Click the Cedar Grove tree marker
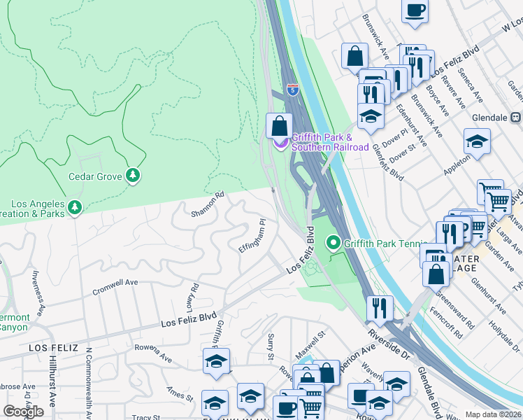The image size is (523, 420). pos(133,176)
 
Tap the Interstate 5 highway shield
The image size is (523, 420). pos(292,90)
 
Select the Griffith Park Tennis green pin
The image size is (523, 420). pos(334,243)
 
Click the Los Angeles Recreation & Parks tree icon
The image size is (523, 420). pos(75,207)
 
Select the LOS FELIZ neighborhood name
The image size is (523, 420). pos(51,348)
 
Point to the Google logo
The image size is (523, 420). pos(23,412)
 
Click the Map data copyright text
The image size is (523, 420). pos(494,414)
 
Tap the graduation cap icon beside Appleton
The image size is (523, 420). pos(477,141)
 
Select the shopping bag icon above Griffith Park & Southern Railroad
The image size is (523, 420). pos(279,126)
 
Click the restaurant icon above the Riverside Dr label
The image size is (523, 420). pos(379,306)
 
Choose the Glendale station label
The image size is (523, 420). pos(496,118)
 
